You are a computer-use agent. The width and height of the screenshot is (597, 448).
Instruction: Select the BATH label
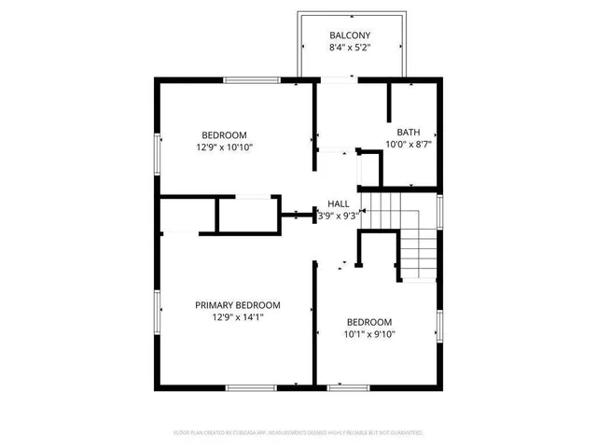(408, 133)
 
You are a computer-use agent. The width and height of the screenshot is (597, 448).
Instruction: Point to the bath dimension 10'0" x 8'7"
(408, 145)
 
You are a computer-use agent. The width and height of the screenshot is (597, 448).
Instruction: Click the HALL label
(338, 203)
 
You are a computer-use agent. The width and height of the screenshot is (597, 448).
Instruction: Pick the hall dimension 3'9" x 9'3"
(338, 216)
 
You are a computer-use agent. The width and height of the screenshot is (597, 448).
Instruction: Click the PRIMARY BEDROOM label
(237, 305)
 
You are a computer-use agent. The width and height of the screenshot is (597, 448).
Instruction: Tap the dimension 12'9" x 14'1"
(237, 317)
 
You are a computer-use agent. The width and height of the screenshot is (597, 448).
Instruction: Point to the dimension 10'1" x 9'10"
(369, 334)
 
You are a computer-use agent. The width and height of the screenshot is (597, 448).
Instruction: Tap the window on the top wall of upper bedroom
(253, 81)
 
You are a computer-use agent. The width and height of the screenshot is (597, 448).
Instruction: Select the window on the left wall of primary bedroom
(157, 313)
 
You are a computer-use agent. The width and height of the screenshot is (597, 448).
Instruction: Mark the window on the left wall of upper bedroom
(157, 150)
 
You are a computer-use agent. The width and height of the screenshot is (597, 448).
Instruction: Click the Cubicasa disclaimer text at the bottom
(298, 433)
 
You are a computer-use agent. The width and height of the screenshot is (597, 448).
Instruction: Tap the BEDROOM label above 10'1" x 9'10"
(369, 322)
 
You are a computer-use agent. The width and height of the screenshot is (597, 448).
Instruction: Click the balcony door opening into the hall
(338, 82)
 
